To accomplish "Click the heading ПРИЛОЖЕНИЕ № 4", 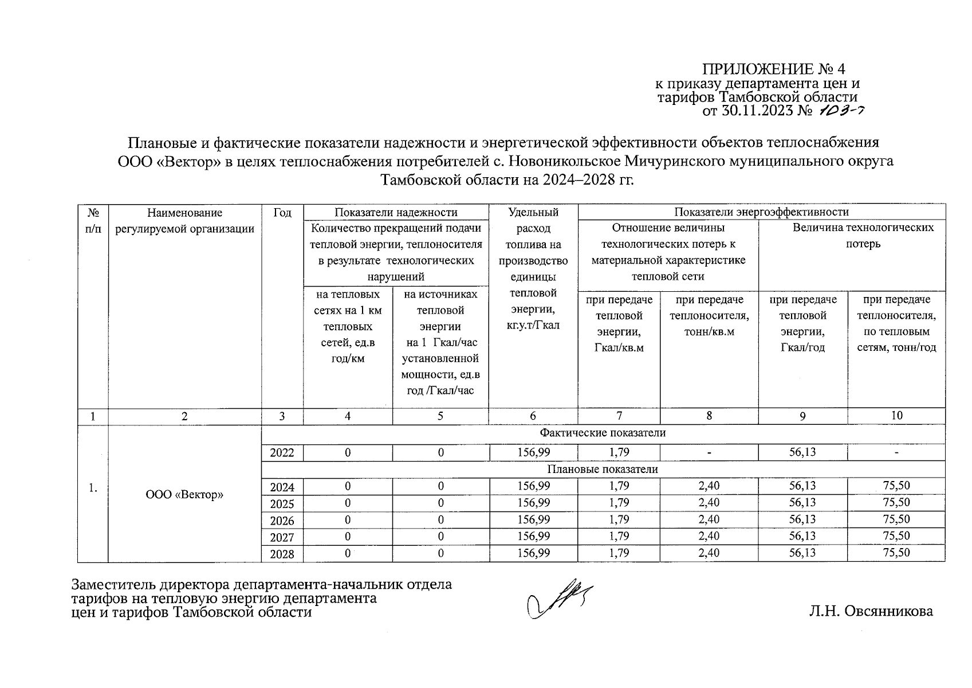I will pyautogui.click(x=773, y=69).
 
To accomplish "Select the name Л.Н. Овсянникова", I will pyautogui.click(x=871, y=611).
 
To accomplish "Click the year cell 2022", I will pyautogui.click(x=282, y=453).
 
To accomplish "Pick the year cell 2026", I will pyautogui.click(x=282, y=521).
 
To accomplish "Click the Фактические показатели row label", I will pyautogui.click(x=602, y=433).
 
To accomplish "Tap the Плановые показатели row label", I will pyautogui.click(x=602, y=469).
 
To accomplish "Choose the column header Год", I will pyautogui.click(x=282, y=213).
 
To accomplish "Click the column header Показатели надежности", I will pyautogui.click(x=396, y=213).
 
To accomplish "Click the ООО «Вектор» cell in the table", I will pyautogui.click(x=184, y=494).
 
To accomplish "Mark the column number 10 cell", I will pyautogui.click(x=896, y=416).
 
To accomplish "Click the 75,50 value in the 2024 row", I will pyautogui.click(x=896, y=486).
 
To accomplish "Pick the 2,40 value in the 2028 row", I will pyautogui.click(x=709, y=553).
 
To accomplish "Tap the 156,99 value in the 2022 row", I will pyautogui.click(x=533, y=452).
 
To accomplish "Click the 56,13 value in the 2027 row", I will pyautogui.click(x=802, y=536).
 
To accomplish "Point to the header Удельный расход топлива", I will pyautogui.click(x=533, y=268).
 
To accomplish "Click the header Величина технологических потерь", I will pyautogui.click(x=863, y=236).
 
